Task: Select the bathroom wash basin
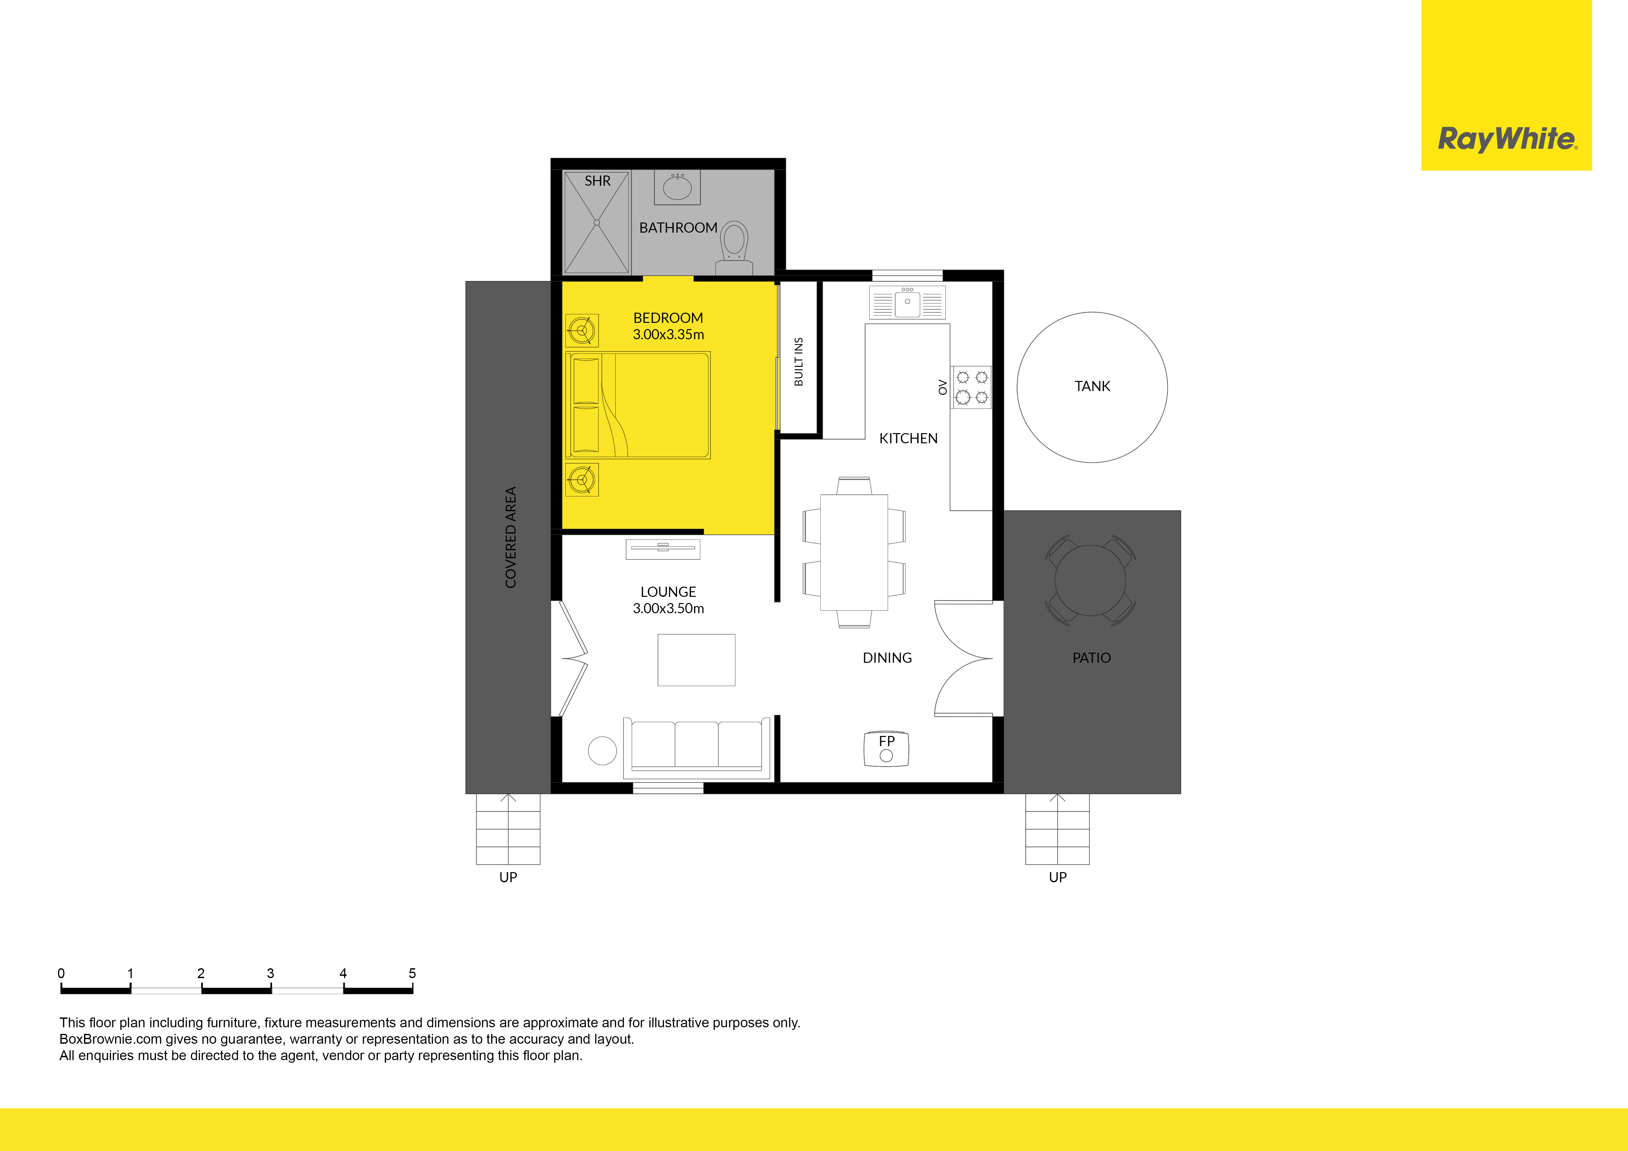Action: pyautogui.click(x=677, y=187)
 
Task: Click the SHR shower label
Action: pyautogui.click(x=597, y=181)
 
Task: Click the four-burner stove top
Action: pyautogui.click(x=971, y=387)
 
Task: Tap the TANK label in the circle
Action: pyautogui.click(x=1092, y=386)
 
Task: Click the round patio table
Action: pyautogui.click(x=1090, y=580)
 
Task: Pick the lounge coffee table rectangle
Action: pyautogui.click(x=696, y=660)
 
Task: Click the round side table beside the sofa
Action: pyautogui.click(x=602, y=751)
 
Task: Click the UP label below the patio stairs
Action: pyautogui.click(x=1057, y=877)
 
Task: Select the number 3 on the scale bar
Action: pyautogui.click(x=270, y=973)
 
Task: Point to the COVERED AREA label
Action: pyautogui.click(x=511, y=537)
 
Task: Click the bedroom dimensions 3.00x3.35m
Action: pyautogui.click(x=668, y=335)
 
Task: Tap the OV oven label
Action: pyautogui.click(x=942, y=387)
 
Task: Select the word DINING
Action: pyautogui.click(x=887, y=658)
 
